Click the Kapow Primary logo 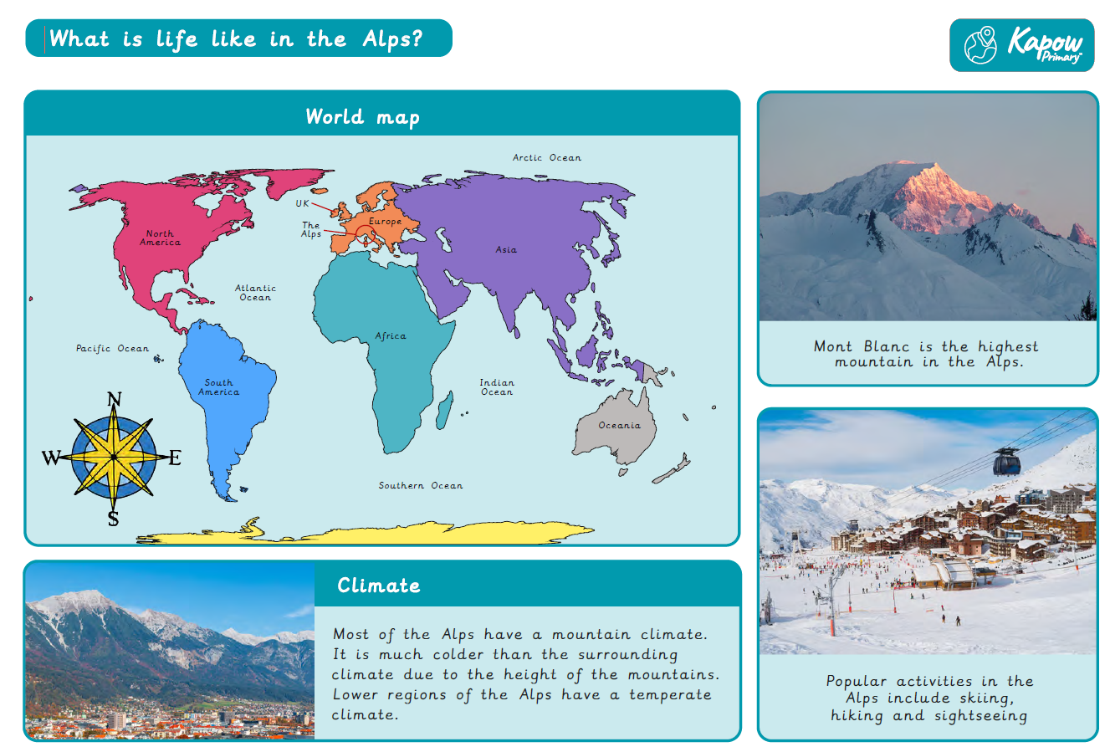coord(1022,45)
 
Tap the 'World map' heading coord(363,117)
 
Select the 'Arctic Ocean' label coord(546,157)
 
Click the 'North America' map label coord(160,238)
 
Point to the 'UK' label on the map coord(302,203)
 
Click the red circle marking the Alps coord(366,235)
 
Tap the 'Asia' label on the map coord(506,249)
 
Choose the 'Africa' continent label coord(391,336)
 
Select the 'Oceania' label coord(620,425)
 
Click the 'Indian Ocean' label coord(497,387)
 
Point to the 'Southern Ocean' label coord(421,485)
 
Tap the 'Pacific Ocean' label coord(112,348)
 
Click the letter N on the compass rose coord(115,399)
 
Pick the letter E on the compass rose coord(175,458)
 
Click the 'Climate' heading coord(379,586)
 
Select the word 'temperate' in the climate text coord(671,695)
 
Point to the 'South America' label coord(218,387)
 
